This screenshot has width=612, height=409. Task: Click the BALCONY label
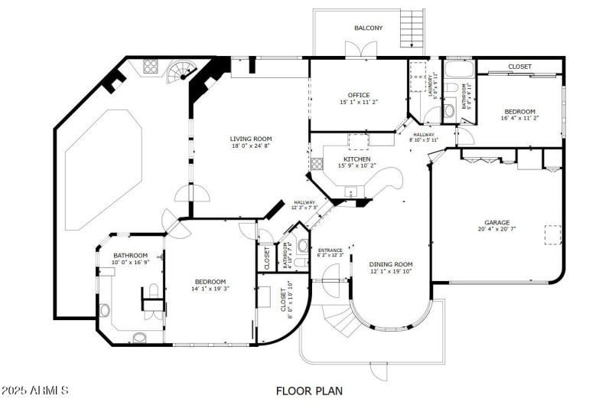tap(368, 28)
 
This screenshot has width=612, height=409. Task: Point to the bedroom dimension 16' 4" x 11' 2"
tap(519, 118)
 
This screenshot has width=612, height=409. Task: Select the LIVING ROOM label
tap(250, 139)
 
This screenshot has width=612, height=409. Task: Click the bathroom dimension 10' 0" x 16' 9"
tap(130, 262)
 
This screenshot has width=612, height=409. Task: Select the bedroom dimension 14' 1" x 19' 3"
tap(210, 289)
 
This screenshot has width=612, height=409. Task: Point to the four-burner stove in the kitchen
tap(317, 163)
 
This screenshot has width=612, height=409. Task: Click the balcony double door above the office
tap(356, 51)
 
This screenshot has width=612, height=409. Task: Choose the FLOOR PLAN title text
tap(309, 391)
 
